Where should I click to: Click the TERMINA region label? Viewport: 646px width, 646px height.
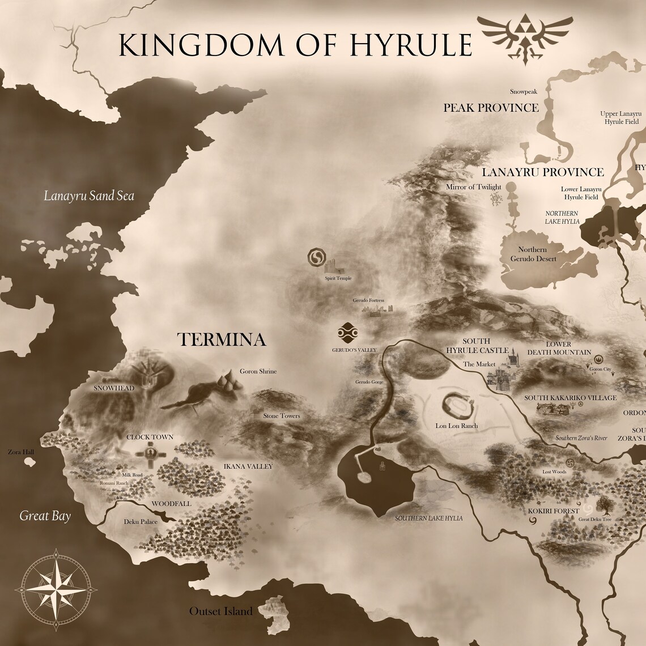tap(222, 339)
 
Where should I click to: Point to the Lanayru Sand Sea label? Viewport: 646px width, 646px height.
tap(90, 196)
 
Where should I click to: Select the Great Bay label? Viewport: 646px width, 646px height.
tap(45, 516)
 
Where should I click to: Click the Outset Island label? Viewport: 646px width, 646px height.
tap(220, 611)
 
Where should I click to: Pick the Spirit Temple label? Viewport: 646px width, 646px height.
tap(338, 278)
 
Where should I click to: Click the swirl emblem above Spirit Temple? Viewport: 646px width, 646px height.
tap(316, 258)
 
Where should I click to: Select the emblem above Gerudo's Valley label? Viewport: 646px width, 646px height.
tap(346, 332)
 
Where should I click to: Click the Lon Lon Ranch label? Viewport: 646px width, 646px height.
tap(457, 426)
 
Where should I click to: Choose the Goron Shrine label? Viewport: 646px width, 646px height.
tap(258, 371)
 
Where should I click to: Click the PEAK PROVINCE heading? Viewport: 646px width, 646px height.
tap(491, 107)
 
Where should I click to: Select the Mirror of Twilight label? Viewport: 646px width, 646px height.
tap(474, 187)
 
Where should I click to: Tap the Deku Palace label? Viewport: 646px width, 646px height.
tap(141, 521)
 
